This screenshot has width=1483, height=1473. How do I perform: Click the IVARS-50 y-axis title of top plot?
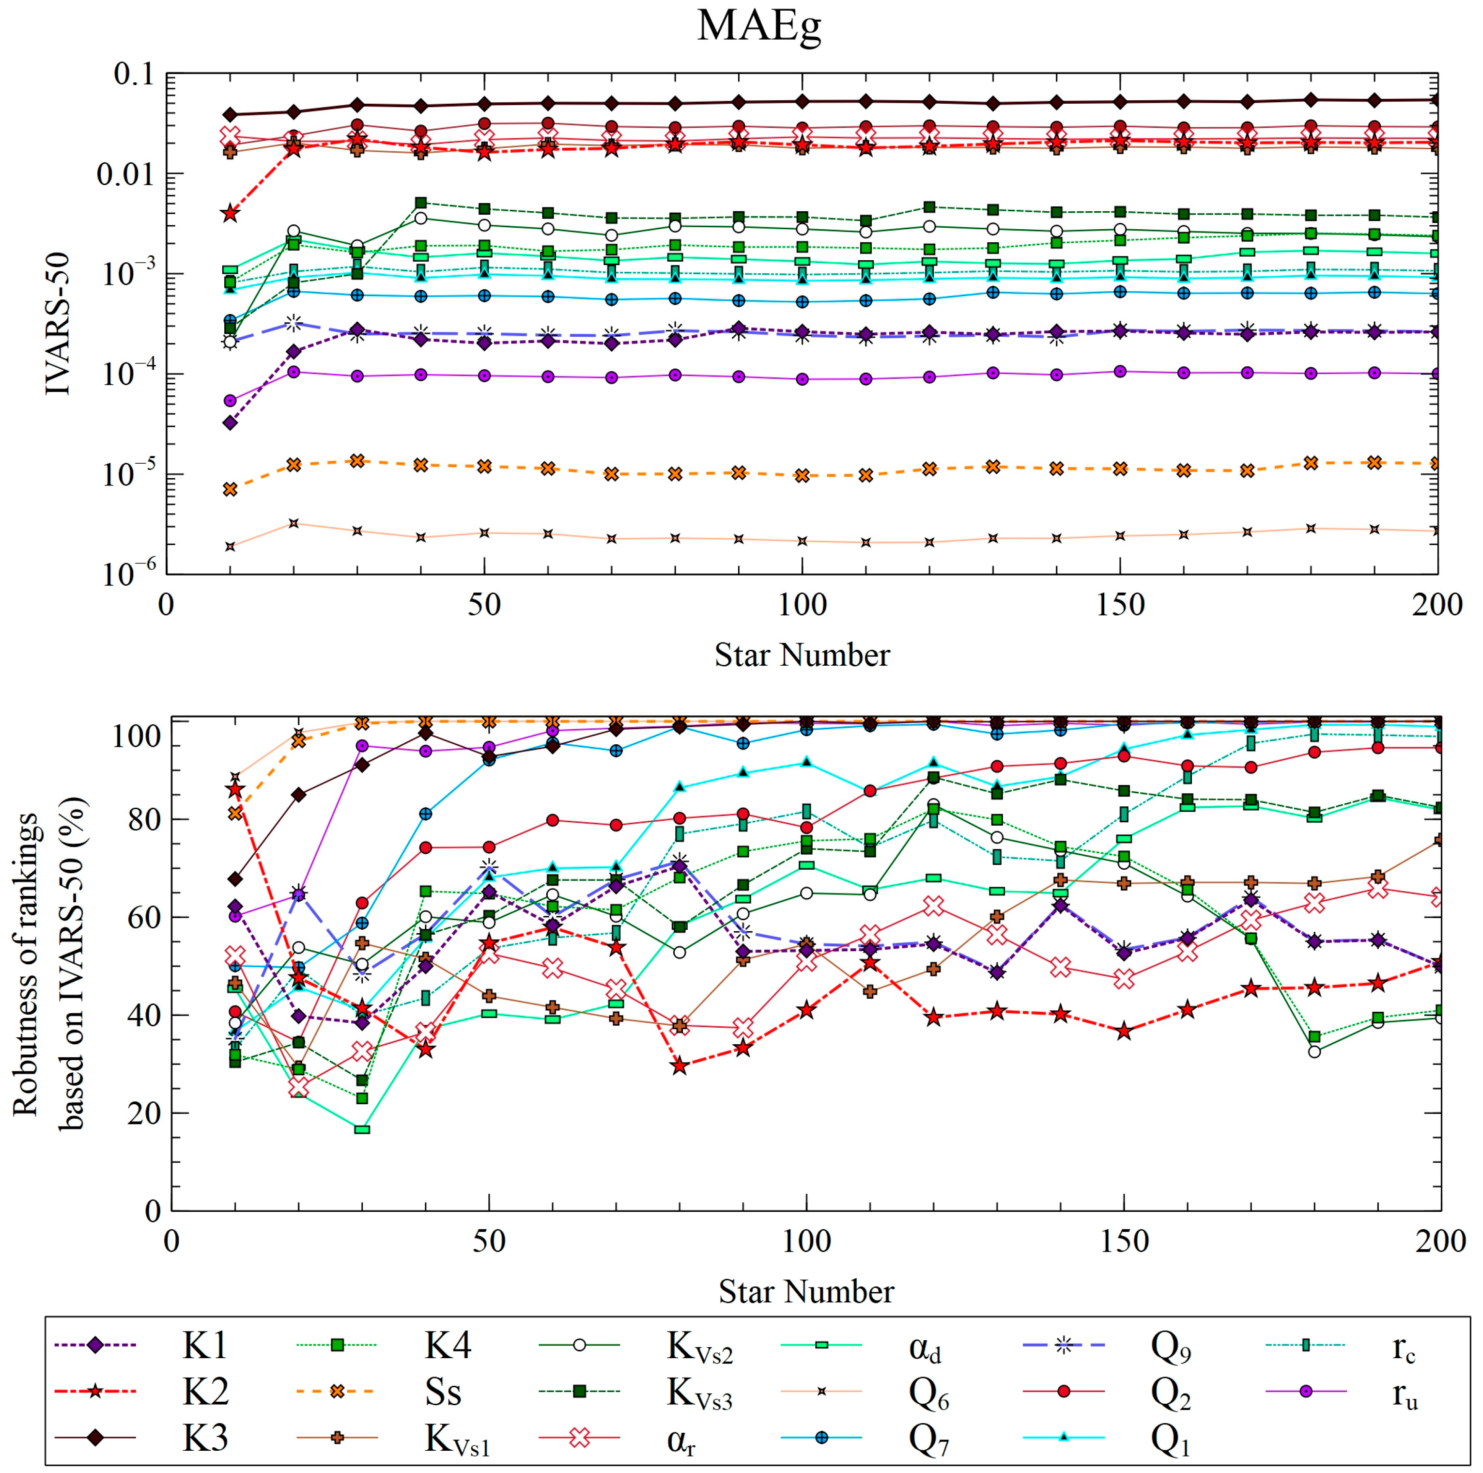(x=58, y=323)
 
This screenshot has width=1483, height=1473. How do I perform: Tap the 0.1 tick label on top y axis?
(x=134, y=75)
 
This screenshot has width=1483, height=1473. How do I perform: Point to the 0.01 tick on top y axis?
(x=125, y=174)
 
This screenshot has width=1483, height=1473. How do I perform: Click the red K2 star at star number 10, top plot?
(x=230, y=214)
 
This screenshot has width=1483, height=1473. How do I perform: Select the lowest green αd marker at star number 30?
(x=361, y=1129)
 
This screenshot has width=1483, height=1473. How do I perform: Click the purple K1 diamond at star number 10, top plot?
(x=230, y=423)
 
